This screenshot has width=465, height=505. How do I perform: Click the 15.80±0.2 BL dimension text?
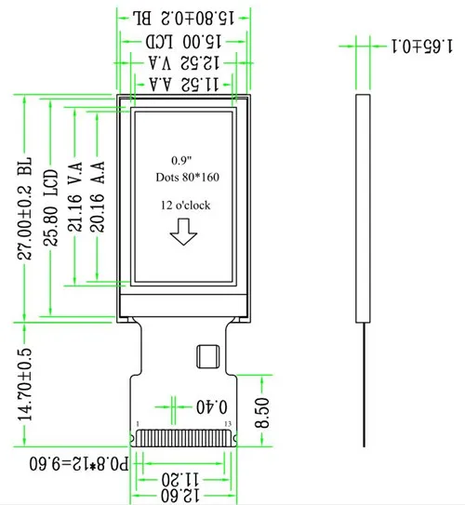point(183,18)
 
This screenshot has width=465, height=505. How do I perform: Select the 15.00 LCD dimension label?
point(183,42)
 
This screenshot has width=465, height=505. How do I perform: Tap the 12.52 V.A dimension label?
point(184,63)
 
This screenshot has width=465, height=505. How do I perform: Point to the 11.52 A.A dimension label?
point(184,85)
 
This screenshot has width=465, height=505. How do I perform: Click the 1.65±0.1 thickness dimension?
point(422,47)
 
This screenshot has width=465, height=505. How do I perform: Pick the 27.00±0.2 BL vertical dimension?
point(25,208)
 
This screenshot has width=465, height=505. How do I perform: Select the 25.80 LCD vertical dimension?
point(51,207)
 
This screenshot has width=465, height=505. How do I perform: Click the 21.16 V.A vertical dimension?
point(75,197)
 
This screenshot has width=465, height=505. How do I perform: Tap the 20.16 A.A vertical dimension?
point(98,196)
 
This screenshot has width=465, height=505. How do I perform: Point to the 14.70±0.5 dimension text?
point(25,384)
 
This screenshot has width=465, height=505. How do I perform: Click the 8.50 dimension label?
point(262,413)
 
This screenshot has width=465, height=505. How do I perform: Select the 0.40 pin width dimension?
point(211,407)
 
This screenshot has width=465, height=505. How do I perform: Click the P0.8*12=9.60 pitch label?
point(79,464)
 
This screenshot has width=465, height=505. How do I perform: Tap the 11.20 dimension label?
point(180,480)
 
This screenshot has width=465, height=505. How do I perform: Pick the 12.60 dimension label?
point(180,496)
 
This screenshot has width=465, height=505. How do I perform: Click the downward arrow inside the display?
point(183,232)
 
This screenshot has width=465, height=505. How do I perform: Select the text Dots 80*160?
point(188,177)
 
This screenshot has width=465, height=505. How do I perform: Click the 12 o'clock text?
point(185,206)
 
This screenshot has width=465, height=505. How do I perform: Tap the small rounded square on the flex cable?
point(208,356)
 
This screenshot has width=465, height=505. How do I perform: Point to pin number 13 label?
point(228,424)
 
